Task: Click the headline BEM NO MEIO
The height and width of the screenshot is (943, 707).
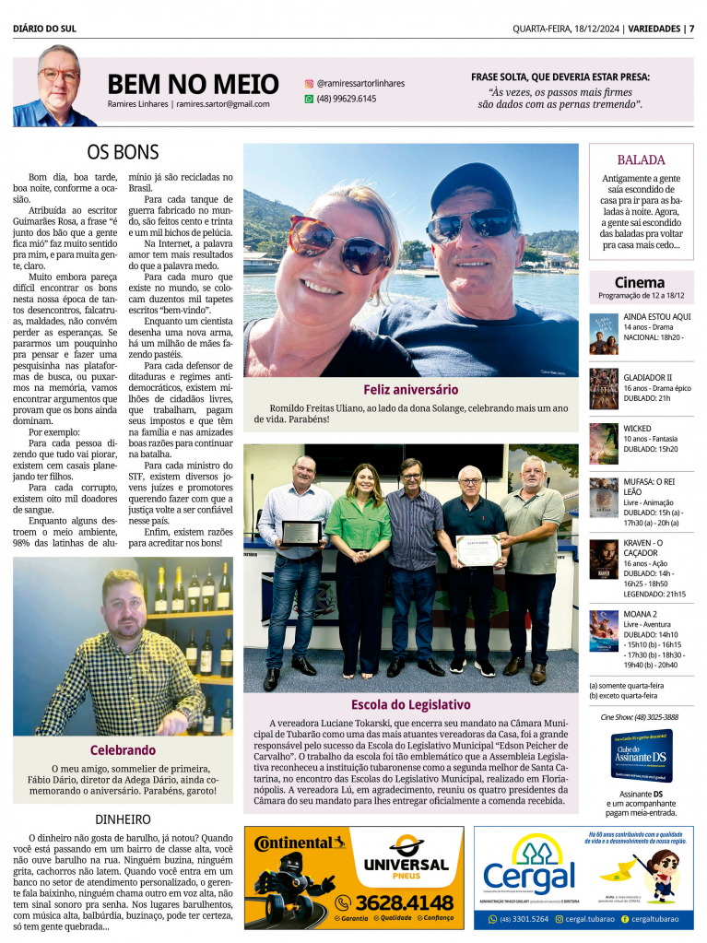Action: coord(193,84)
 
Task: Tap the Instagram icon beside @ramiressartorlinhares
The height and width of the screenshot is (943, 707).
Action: coord(309,83)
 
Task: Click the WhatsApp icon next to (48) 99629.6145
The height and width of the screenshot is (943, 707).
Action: coord(309,99)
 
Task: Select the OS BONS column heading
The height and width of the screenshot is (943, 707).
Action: coord(123,152)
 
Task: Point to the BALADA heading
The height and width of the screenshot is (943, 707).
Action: coord(641,159)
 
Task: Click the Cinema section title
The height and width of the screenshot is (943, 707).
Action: coord(640,282)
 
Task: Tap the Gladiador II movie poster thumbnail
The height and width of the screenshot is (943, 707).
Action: coord(604,389)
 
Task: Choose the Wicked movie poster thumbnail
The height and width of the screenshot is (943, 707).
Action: coord(604,443)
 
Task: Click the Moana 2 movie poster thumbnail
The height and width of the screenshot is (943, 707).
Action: coord(604,631)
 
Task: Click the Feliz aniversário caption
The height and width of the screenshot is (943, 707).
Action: coord(410,390)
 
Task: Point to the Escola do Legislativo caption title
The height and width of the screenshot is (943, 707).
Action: coord(410,705)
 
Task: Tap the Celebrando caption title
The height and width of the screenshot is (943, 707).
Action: coord(123,750)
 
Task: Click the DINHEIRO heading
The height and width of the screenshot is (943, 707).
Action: coord(123,819)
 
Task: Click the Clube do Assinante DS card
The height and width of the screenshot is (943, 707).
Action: coord(642,756)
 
